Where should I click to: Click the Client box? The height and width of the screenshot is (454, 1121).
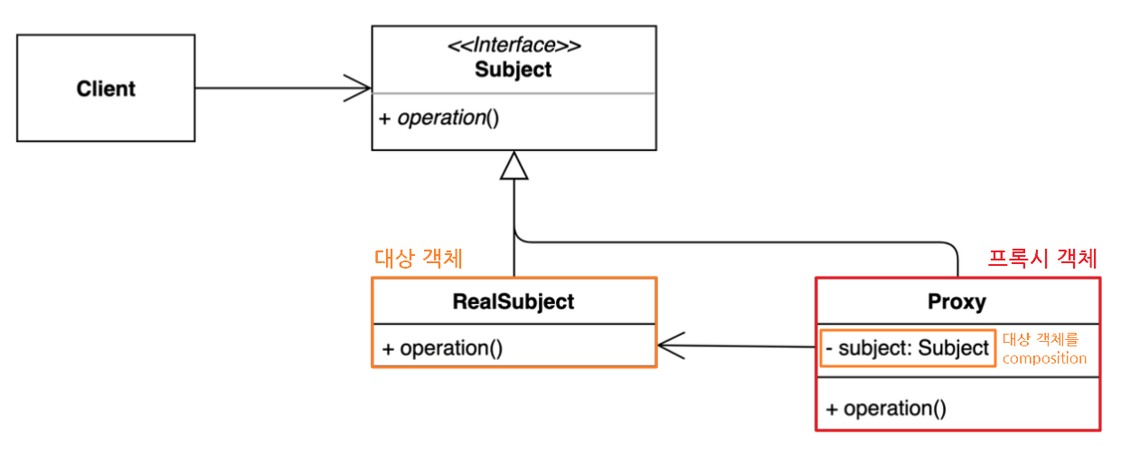coord(106,89)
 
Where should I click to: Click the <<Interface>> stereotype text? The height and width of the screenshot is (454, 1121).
coord(513,45)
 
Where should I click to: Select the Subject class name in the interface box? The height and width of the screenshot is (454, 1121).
coord(513,70)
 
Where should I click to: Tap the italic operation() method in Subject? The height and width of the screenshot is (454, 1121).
coord(439,118)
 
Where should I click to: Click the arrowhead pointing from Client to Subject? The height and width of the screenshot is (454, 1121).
coord(360,89)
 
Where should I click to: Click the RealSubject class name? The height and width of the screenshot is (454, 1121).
coord(513,301)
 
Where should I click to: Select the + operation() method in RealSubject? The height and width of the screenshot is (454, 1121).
coord(442,348)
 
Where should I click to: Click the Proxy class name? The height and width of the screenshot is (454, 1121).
coord(956,301)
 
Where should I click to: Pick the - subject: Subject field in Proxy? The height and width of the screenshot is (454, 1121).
coord(908,348)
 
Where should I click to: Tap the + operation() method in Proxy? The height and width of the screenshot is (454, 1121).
coord(886,409)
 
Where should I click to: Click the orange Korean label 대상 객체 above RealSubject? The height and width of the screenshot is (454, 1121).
coord(419,259)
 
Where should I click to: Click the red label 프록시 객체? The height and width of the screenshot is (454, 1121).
coord(1041,259)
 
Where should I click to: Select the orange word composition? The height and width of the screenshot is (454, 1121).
coord(1044,358)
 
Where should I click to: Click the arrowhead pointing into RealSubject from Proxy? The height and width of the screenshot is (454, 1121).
coord(669,345)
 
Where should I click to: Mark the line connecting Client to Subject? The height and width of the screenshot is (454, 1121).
coord(271,89)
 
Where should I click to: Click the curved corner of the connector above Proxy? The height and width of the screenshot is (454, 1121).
coord(951,246)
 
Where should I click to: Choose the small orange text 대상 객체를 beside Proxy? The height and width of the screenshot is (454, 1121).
coord(1041,339)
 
